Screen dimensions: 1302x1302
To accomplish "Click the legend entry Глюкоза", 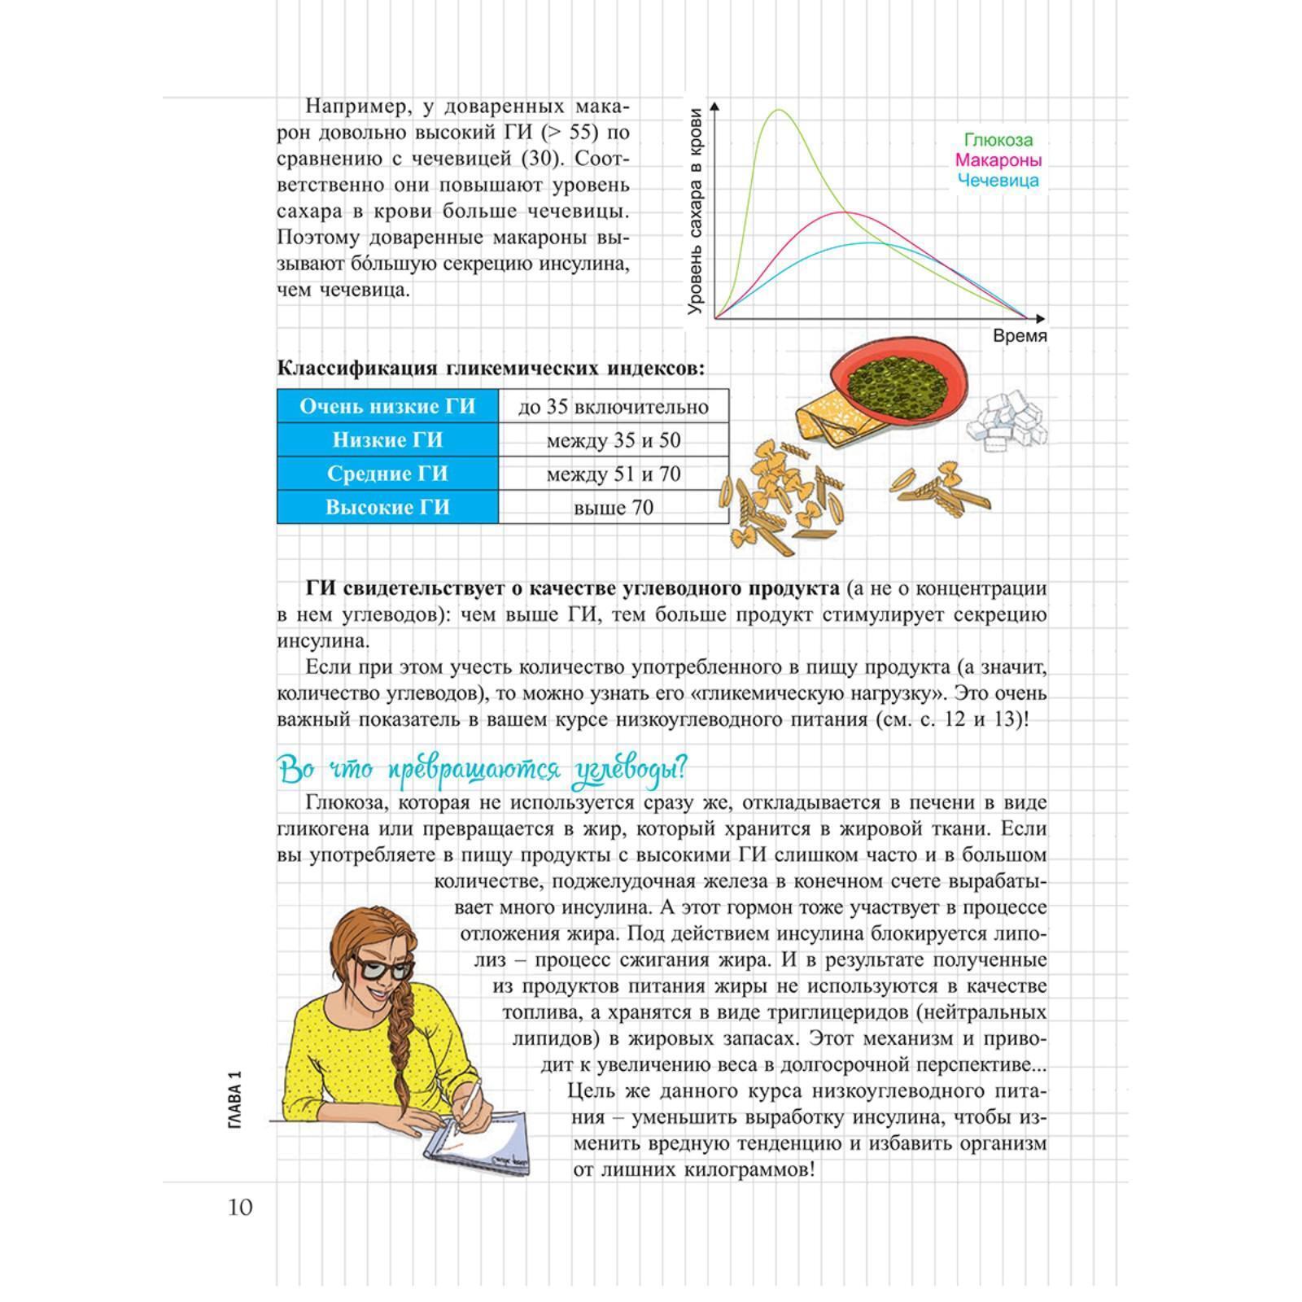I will [x=998, y=140].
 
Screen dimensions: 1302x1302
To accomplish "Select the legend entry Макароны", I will [x=998, y=160].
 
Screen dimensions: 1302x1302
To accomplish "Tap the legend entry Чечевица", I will [x=998, y=181].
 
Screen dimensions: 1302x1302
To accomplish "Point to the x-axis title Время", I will [x=1020, y=336].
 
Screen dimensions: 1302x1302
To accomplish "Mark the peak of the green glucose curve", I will [x=779, y=110].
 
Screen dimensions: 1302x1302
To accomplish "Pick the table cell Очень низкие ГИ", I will [x=387, y=406].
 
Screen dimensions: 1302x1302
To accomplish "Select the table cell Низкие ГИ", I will [x=387, y=440].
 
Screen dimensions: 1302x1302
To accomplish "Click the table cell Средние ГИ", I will [x=387, y=474].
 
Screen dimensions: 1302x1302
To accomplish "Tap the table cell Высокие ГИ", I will [x=387, y=508].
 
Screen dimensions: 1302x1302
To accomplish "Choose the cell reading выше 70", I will [x=614, y=508].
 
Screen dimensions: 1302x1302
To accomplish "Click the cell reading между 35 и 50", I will [x=614, y=440].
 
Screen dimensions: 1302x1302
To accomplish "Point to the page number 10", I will [x=240, y=1206].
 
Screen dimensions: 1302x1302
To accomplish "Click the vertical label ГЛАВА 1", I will [x=236, y=1099].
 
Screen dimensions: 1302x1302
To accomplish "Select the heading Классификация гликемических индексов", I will [x=492, y=368].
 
